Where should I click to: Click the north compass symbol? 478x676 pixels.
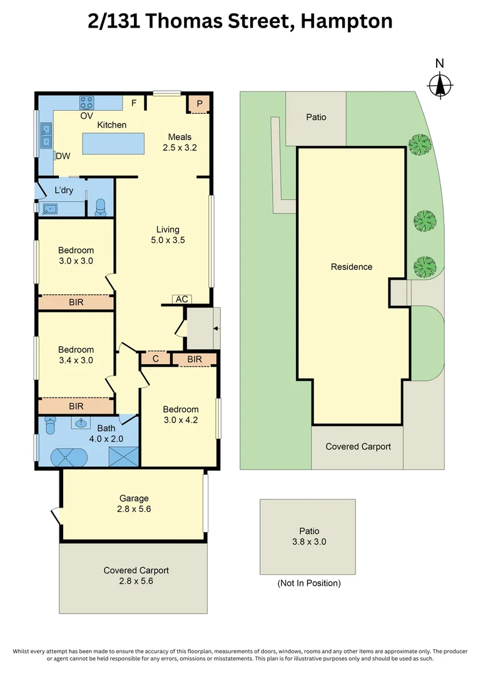440,84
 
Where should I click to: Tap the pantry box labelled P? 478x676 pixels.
200,104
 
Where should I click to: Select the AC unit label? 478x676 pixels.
181,299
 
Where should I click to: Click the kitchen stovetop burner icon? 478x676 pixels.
86,102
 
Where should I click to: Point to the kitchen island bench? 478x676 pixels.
113,143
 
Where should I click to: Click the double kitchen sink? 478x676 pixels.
46,136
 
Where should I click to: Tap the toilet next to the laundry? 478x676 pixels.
101,208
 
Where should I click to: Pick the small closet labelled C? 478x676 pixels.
155,359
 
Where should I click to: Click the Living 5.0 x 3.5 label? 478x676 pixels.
168,235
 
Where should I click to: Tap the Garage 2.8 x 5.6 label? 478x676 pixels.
135,504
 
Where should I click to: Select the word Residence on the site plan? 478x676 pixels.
352,267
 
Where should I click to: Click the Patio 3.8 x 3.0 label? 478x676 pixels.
308,536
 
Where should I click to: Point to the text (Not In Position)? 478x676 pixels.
309,583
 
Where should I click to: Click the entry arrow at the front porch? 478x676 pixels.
215,328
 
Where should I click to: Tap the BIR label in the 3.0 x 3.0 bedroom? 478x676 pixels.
76,302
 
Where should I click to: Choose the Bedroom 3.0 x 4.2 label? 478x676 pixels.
180,415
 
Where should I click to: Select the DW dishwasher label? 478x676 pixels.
63,156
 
